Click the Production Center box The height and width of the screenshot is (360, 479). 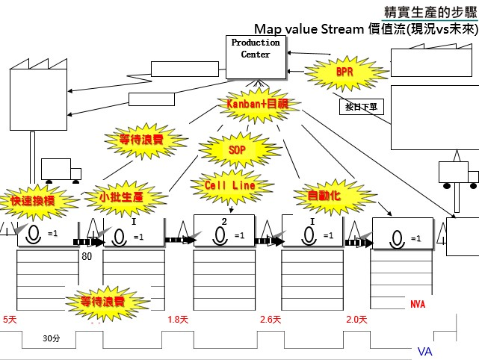coord(256,57)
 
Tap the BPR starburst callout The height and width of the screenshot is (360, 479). coord(344,73)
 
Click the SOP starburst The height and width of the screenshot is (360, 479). coord(235,149)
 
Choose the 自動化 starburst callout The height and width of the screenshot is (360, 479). coord(324,195)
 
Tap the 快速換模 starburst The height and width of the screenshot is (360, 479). coord(32,202)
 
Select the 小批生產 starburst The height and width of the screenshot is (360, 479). coord(121,197)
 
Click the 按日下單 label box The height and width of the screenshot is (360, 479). coord(361,107)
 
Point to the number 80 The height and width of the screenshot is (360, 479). coord(87,256)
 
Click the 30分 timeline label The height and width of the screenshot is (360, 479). coord(51,338)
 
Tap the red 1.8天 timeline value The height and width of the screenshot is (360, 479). coord(177,320)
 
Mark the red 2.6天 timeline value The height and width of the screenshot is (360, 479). coord(271,320)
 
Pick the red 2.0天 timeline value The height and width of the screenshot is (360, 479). coord(357,320)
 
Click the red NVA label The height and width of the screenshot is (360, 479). coord(418,304)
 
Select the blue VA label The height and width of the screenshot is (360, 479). coord(424,351)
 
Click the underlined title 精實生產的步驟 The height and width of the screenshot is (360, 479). coord(429,12)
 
